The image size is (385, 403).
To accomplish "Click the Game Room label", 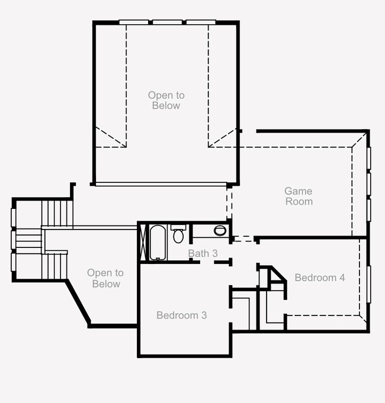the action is (299, 196).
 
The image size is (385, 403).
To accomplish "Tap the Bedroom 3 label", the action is (182, 315).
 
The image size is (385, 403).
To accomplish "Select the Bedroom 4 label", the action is (320, 278).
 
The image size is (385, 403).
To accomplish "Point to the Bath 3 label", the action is (203, 253).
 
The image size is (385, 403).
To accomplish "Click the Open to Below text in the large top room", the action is (166, 100).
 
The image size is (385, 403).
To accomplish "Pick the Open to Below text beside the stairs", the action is (105, 278).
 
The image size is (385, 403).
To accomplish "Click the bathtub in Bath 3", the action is (158, 243).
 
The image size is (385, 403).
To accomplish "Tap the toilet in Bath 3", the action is (178, 234).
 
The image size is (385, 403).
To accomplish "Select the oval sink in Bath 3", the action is (220, 231).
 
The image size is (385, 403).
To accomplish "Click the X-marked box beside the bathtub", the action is (143, 243).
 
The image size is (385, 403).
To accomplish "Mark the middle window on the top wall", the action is (168, 22).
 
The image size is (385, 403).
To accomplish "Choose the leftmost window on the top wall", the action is (134, 22).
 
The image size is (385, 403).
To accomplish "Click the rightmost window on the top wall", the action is (201, 22).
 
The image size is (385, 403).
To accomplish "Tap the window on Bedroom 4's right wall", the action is (369, 285).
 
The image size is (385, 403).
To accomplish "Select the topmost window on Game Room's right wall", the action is (369, 159).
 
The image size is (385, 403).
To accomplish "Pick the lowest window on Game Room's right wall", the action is (369, 210).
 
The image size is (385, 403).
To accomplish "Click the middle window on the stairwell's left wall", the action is (14, 240).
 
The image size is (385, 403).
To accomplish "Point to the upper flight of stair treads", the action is (57, 213).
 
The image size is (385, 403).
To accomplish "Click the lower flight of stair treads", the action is (54, 266).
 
